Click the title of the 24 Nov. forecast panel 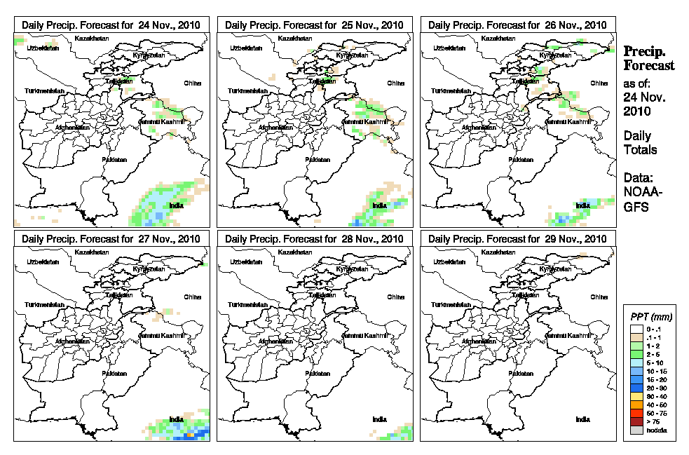pyautogui.click(x=111, y=25)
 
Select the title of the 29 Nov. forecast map pyautogui.click(x=517, y=238)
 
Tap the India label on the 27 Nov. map pyautogui.click(x=175, y=419)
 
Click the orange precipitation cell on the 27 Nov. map pyautogui.click(x=189, y=435)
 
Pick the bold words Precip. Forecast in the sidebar pyautogui.click(x=649, y=58)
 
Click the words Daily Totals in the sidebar pyautogui.click(x=640, y=142)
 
